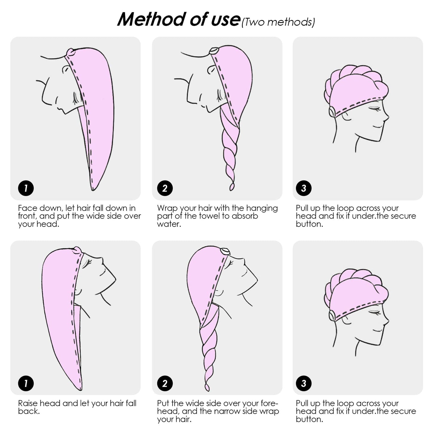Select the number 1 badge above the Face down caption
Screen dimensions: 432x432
[x=26, y=188]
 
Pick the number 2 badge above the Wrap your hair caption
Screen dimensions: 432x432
[x=165, y=188]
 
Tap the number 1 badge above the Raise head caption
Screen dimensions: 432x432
[x=26, y=383]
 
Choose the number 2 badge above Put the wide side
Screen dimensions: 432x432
[x=165, y=383]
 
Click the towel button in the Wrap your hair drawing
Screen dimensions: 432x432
[x=214, y=51]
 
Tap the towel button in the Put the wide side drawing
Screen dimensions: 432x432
[x=225, y=251]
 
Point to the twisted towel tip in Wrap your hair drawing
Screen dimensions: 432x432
[x=232, y=187]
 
